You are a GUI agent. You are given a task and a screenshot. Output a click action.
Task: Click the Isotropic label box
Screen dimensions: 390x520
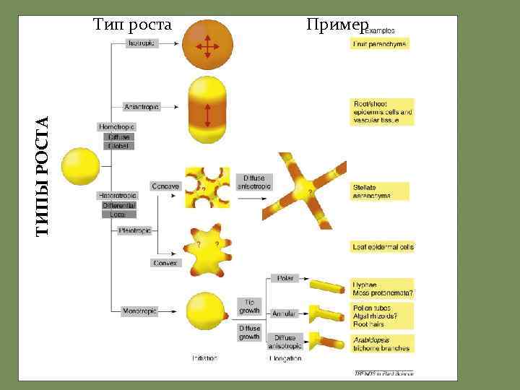tap(141, 44)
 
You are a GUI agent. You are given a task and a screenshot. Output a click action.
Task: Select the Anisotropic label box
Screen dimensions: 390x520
tap(142, 107)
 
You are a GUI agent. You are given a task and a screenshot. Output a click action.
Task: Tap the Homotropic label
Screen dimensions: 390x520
tap(117, 127)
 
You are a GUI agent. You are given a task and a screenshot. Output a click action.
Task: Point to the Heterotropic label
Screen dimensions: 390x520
tap(117, 196)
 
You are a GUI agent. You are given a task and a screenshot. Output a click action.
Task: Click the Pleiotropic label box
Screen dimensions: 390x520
tap(135, 231)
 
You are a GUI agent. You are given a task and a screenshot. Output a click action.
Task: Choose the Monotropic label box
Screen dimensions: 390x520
tap(141, 311)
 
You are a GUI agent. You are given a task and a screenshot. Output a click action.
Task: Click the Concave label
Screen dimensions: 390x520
tap(165, 186)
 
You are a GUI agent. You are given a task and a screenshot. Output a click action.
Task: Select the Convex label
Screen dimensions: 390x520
tap(165, 263)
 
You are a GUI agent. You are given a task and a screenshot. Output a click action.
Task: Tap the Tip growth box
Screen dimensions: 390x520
tap(249, 306)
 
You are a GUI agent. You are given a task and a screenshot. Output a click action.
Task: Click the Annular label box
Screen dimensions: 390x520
tap(285, 313)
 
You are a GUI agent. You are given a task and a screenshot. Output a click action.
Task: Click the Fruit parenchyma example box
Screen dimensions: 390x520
tap(380, 44)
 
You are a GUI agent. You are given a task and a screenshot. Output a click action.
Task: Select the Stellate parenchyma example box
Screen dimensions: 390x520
tap(380, 191)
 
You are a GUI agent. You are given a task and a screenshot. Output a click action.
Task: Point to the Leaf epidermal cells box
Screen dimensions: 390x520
tap(383, 247)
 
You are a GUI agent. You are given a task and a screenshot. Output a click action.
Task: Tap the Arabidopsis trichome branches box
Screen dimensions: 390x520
tap(381, 342)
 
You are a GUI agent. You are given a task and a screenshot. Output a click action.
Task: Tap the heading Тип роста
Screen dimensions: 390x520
tap(133, 25)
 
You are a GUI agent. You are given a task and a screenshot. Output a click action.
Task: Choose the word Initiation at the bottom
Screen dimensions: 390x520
tap(204, 357)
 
